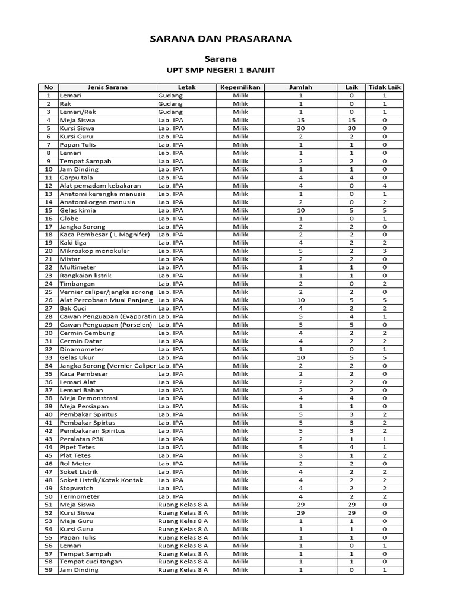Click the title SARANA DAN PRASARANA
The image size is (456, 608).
pos(220,39)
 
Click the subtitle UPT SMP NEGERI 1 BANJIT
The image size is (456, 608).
pos(220,71)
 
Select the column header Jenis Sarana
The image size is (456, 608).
pos(107,87)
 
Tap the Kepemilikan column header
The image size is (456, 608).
pos(240,87)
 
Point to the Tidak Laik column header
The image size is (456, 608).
pos(385,87)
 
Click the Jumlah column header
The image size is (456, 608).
pos(300,87)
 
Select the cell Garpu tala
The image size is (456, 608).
pos(76,178)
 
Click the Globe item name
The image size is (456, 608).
pos(69,218)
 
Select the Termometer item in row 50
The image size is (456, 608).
pos(80,496)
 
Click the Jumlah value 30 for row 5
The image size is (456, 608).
pos(300,128)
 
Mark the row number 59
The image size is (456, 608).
pos(49,570)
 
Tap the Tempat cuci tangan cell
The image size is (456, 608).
pos(91,562)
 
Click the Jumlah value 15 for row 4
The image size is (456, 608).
pos(300,120)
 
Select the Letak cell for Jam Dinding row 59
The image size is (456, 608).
pos(183,570)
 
